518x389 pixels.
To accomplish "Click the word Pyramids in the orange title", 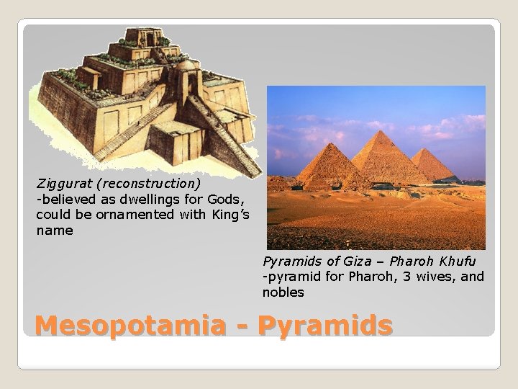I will tap(325, 326).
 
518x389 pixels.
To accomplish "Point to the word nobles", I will tap(283, 292).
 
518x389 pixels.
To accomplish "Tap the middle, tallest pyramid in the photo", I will tap(388, 155).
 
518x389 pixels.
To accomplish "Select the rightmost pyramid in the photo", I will tap(433, 164).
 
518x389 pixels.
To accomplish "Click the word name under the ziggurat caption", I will tap(55, 231).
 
